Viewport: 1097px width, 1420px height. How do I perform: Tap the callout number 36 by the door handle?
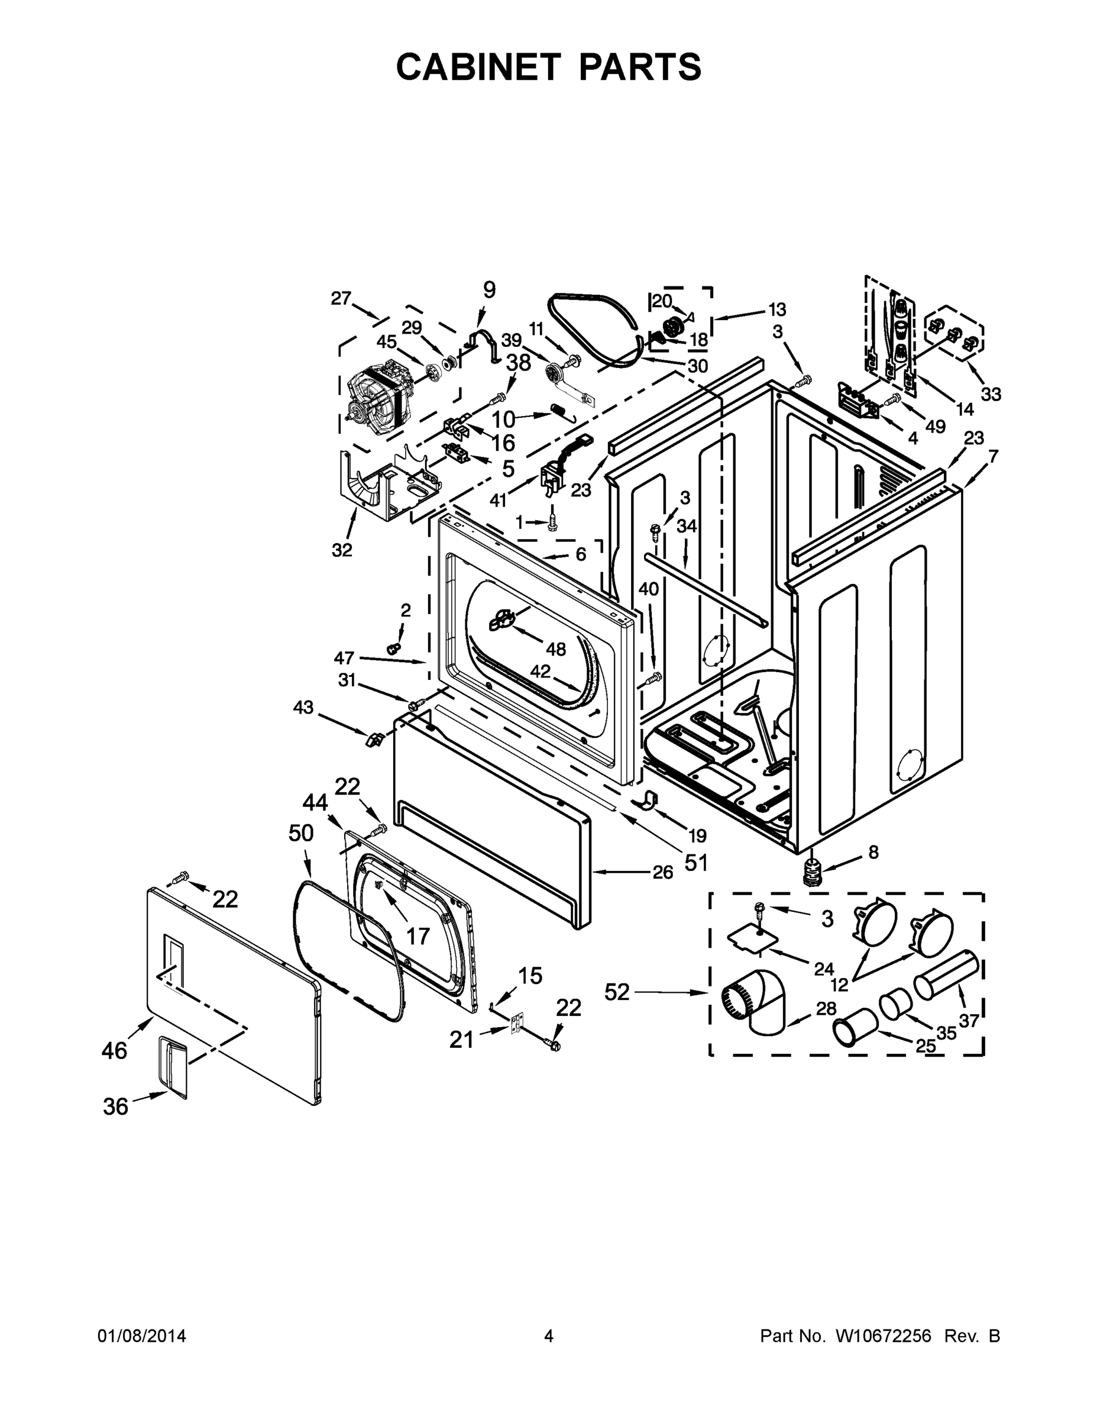[115, 1106]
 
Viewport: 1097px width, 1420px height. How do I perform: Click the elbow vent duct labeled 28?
[758, 1001]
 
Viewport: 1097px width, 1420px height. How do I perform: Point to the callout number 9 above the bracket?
[488, 290]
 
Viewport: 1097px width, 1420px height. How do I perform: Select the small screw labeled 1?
[552, 521]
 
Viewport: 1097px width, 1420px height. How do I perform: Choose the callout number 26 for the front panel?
[663, 872]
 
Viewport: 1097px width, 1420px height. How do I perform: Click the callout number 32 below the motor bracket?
[342, 550]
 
